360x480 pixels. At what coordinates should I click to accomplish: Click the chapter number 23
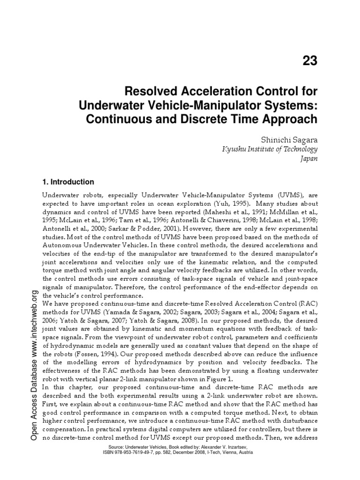pyautogui.click(x=308, y=61)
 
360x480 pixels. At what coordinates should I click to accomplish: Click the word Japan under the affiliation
pyautogui.click(x=309, y=159)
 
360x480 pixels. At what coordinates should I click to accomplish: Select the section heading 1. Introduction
pyautogui.click(x=68, y=182)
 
